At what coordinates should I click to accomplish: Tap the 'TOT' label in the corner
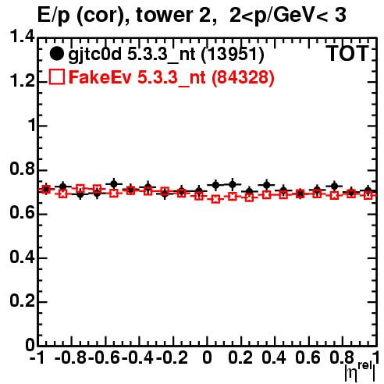point(347,53)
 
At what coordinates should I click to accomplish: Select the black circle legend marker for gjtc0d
point(56,54)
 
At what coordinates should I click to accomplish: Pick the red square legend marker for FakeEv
point(56,76)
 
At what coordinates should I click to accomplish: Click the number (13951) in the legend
point(233,55)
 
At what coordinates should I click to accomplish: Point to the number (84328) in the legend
point(243,77)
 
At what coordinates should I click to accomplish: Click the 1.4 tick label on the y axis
point(23,37)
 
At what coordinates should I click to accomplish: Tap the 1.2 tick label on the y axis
point(23,81)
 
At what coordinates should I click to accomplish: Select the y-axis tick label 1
point(32,125)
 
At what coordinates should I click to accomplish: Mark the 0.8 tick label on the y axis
point(23,169)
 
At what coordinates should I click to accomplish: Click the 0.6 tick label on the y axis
point(23,213)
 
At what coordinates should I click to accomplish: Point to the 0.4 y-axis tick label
point(23,257)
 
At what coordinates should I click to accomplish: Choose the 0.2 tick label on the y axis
point(23,301)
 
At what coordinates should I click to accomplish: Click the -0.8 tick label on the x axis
point(70,357)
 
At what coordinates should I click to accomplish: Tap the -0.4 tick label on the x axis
point(137,357)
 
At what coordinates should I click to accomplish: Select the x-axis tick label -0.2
point(172,357)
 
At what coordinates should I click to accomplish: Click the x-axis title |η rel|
point(360,372)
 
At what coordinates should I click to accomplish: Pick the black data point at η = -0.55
point(114,184)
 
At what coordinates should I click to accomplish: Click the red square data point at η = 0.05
point(215,199)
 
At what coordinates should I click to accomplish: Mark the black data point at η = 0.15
point(233,184)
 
